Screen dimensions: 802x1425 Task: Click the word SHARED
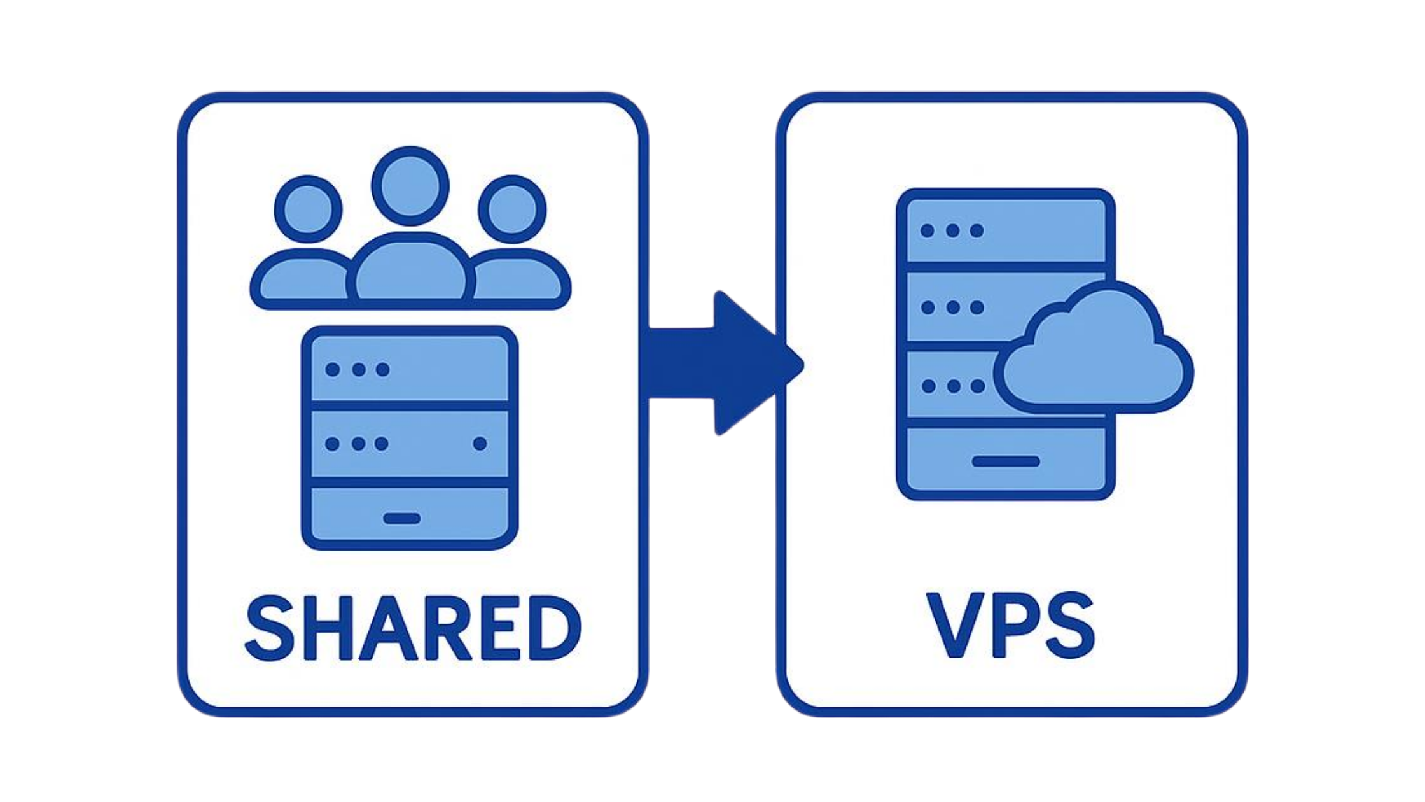pyautogui.click(x=413, y=628)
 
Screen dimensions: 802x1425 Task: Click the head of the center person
pyautogui.click(x=410, y=185)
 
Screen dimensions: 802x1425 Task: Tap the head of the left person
pyautogui.click(x=308, y=209)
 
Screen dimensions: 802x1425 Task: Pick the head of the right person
pyautogui.click(x=512, y=209)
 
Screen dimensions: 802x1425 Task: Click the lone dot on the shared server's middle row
pyautogui.click(x=480, y=444)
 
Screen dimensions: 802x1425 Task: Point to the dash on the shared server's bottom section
pyautogui.click(x=402, y=518)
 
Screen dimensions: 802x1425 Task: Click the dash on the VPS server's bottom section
pyautogui.click(x=1006, y=461)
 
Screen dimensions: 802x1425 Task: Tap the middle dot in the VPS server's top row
pyautogui.click(x=952, y=230)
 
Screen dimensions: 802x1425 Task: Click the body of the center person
pyautogui.click(x=410, y=271)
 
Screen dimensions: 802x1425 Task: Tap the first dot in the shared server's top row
pyautogui.click(x=332, y=370)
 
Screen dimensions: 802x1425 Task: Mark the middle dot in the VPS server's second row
pyautogui.click(x=952, y=308)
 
